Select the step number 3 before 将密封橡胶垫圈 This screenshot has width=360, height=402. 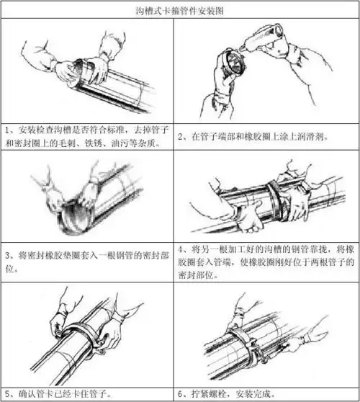6,255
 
